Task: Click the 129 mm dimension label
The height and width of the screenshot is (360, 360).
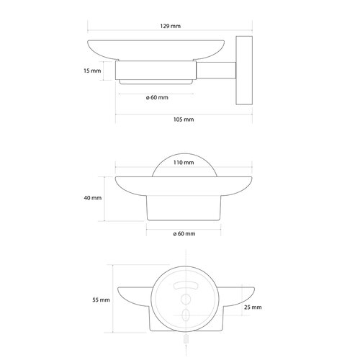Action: click(171, 26)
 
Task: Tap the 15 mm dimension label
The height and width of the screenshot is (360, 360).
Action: click(92, 71)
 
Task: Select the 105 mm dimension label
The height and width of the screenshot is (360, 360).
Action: click(184, 120)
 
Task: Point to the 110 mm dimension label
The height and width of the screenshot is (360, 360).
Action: click(184, 163)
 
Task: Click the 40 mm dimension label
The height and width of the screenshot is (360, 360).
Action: click(93, 198)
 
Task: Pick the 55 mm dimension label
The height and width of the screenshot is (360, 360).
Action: click(101, 300)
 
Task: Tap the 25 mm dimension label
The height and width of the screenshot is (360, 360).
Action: click(253, 307)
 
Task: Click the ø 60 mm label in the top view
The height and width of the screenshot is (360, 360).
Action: click(157, 97)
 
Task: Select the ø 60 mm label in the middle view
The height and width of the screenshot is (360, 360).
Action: click(184, 233)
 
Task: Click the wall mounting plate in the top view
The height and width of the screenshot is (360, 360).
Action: click(244, 71)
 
